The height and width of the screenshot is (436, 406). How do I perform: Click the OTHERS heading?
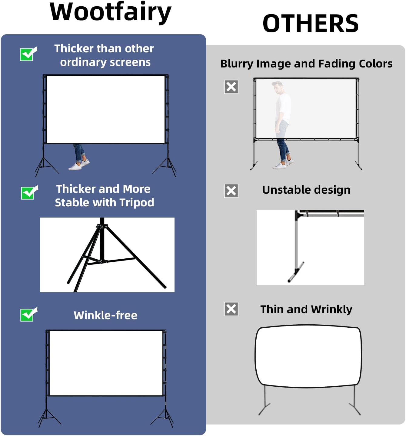[311, 24]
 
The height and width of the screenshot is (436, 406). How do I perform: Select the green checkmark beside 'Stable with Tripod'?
[29, 192]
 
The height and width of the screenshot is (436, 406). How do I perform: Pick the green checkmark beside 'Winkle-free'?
[28, 314]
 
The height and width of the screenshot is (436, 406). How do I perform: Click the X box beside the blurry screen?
[231, 87]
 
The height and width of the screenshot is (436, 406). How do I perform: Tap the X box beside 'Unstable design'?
[231, 191]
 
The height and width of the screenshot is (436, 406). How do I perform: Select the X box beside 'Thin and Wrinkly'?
[231, 309]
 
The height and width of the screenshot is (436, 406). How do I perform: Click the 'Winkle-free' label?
[105, 315]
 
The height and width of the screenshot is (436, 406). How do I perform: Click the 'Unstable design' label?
[306, 190]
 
